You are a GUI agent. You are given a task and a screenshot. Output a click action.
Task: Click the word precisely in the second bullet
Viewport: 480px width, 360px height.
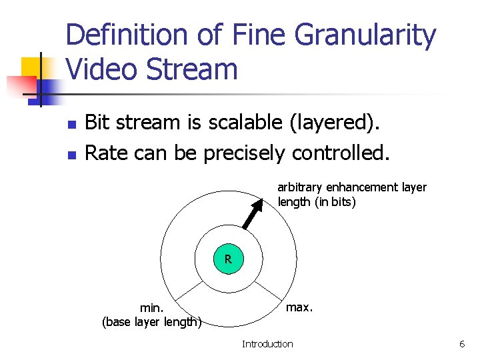click(x=246, y=153)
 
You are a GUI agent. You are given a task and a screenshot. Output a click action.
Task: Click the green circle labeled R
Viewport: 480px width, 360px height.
click(x=228, y=259)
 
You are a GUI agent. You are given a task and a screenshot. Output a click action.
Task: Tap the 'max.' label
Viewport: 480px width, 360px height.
click(x=299, y=307)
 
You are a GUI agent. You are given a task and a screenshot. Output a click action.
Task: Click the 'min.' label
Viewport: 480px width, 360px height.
click(x=152, y=308)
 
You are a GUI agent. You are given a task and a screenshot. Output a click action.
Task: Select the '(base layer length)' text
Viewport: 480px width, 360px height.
click(x=152, y=323)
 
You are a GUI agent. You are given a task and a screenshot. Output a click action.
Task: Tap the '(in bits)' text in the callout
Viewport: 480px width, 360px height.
click(x=335, y=202)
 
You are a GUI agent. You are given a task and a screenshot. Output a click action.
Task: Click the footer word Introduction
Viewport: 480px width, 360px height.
click(x=267, y=344)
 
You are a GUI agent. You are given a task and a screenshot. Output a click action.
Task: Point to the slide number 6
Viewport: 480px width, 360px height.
click(x=461, y=344)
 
